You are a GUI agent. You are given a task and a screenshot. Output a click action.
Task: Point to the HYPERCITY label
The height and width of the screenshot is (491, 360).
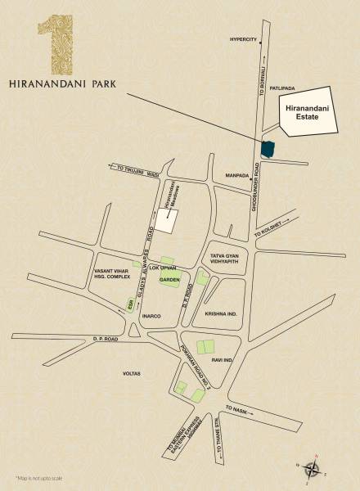coord(244,38)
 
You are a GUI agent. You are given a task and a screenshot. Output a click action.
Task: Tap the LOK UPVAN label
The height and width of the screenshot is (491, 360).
coord(169,267)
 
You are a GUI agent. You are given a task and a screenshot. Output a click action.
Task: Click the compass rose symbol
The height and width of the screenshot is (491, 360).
coord(312,468)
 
